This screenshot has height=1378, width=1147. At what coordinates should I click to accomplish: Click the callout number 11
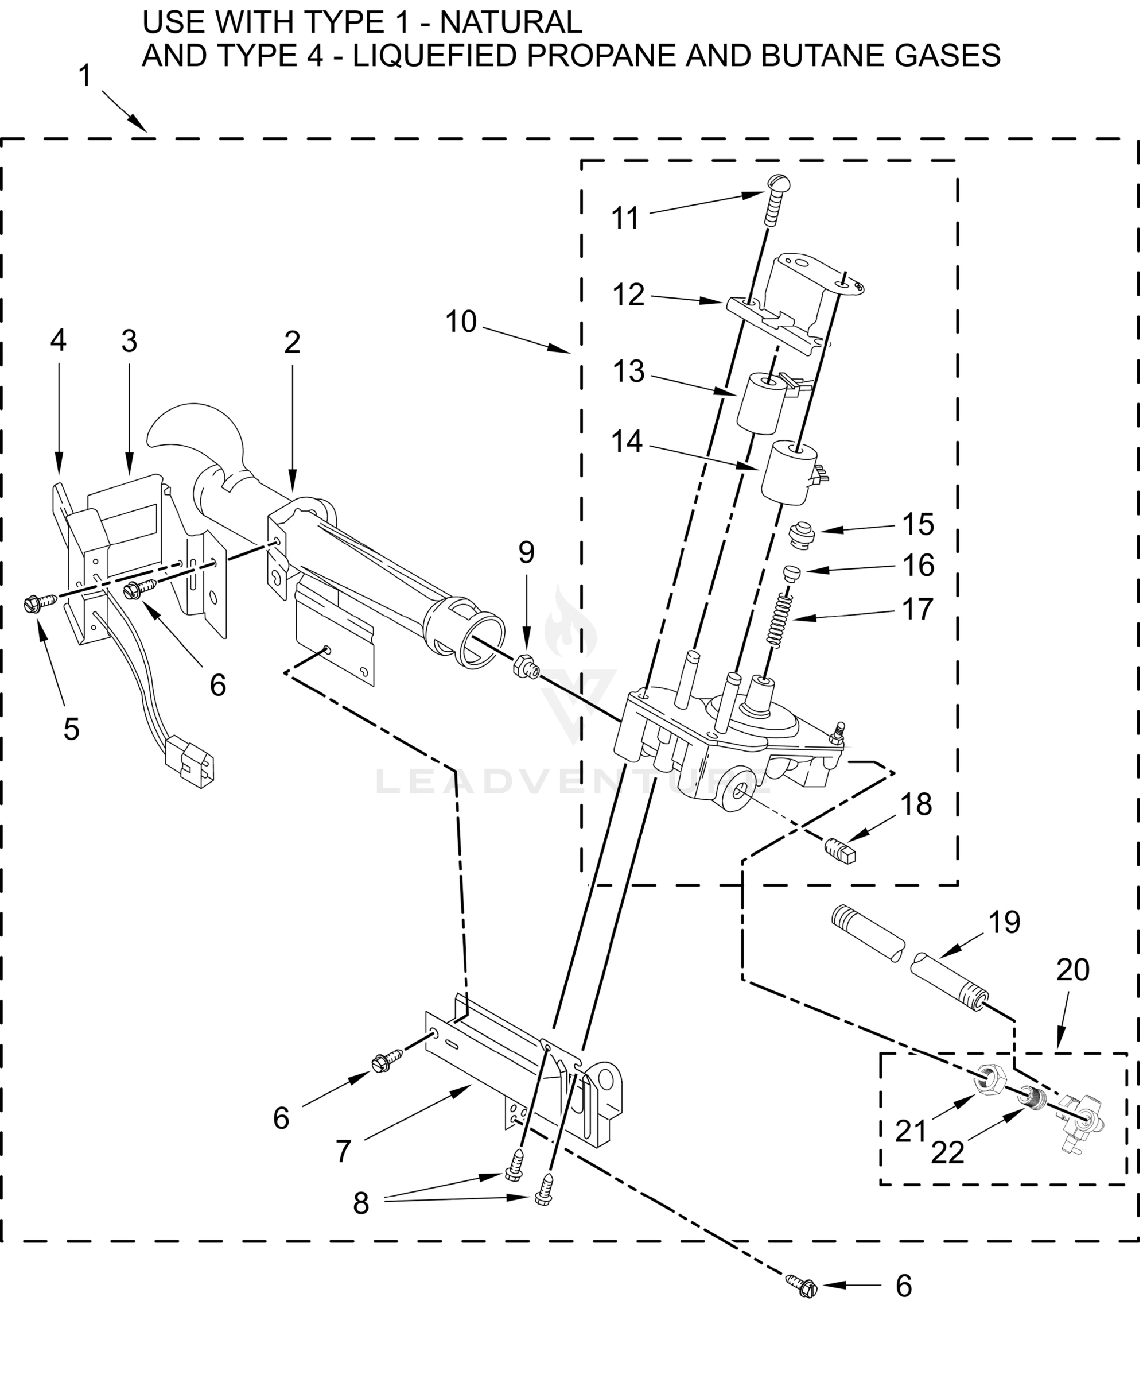coord(624,219)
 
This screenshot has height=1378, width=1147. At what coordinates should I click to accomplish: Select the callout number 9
coord(527,552)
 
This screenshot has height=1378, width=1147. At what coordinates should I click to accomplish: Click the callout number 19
coord(1004,922)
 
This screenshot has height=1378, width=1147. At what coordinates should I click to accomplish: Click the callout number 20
coord(1073,969)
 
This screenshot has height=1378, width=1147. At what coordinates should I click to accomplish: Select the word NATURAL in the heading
coord(510,22)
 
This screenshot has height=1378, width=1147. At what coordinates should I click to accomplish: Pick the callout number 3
coord(129,341)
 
